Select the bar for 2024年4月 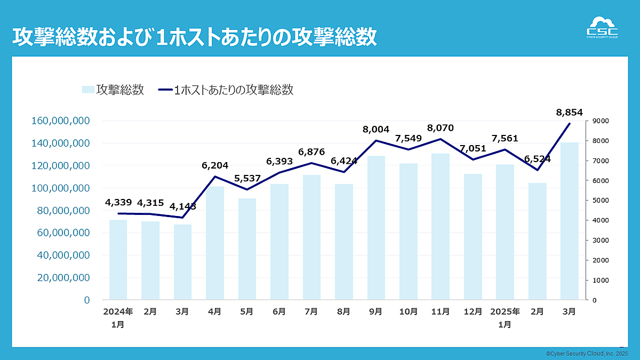pos(215,243)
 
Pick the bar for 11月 pos(441,227)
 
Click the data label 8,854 pos(569,112)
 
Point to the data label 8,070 pos(441,128)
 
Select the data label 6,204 pos(215,166)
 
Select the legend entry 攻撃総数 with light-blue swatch pos(113,90)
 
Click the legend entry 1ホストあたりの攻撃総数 pos(226,90)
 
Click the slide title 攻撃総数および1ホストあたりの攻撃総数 pos(194,37)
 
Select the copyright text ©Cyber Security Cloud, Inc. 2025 pos(587,354)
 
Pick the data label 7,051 pos(473,148)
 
